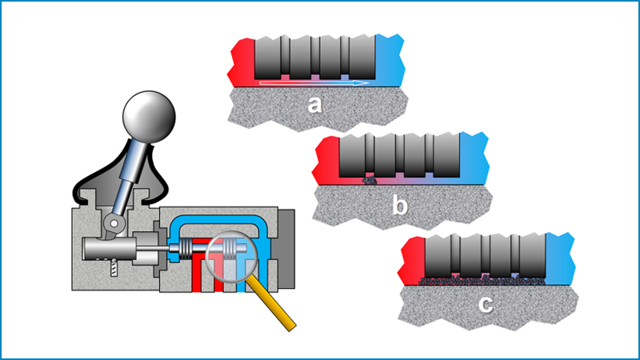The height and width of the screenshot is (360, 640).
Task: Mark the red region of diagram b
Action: [x=327, y=160]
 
